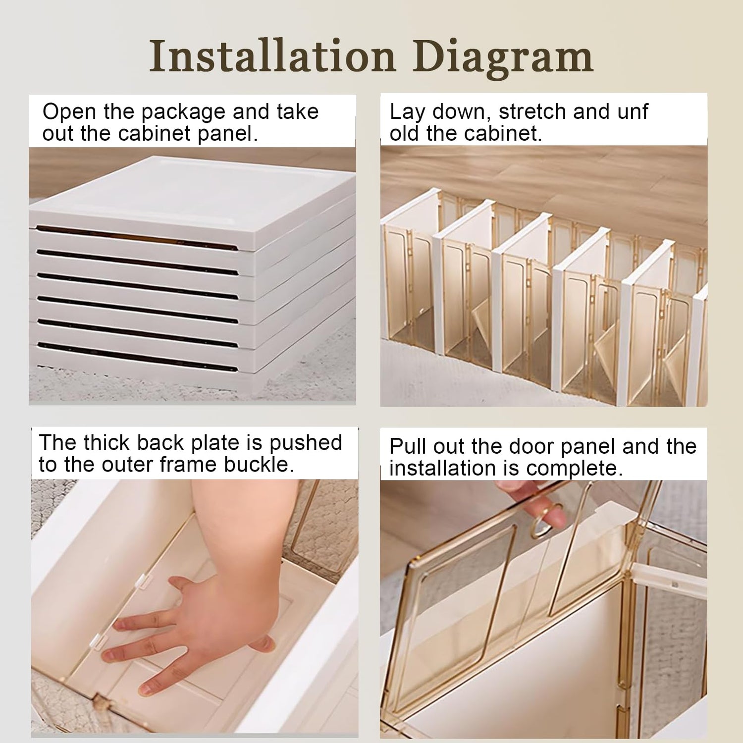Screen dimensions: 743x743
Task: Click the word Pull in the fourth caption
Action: tap(408, 446)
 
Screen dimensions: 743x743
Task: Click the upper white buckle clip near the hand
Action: tap(143, 581)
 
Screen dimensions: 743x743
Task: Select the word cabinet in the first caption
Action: tap(154, 134)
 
